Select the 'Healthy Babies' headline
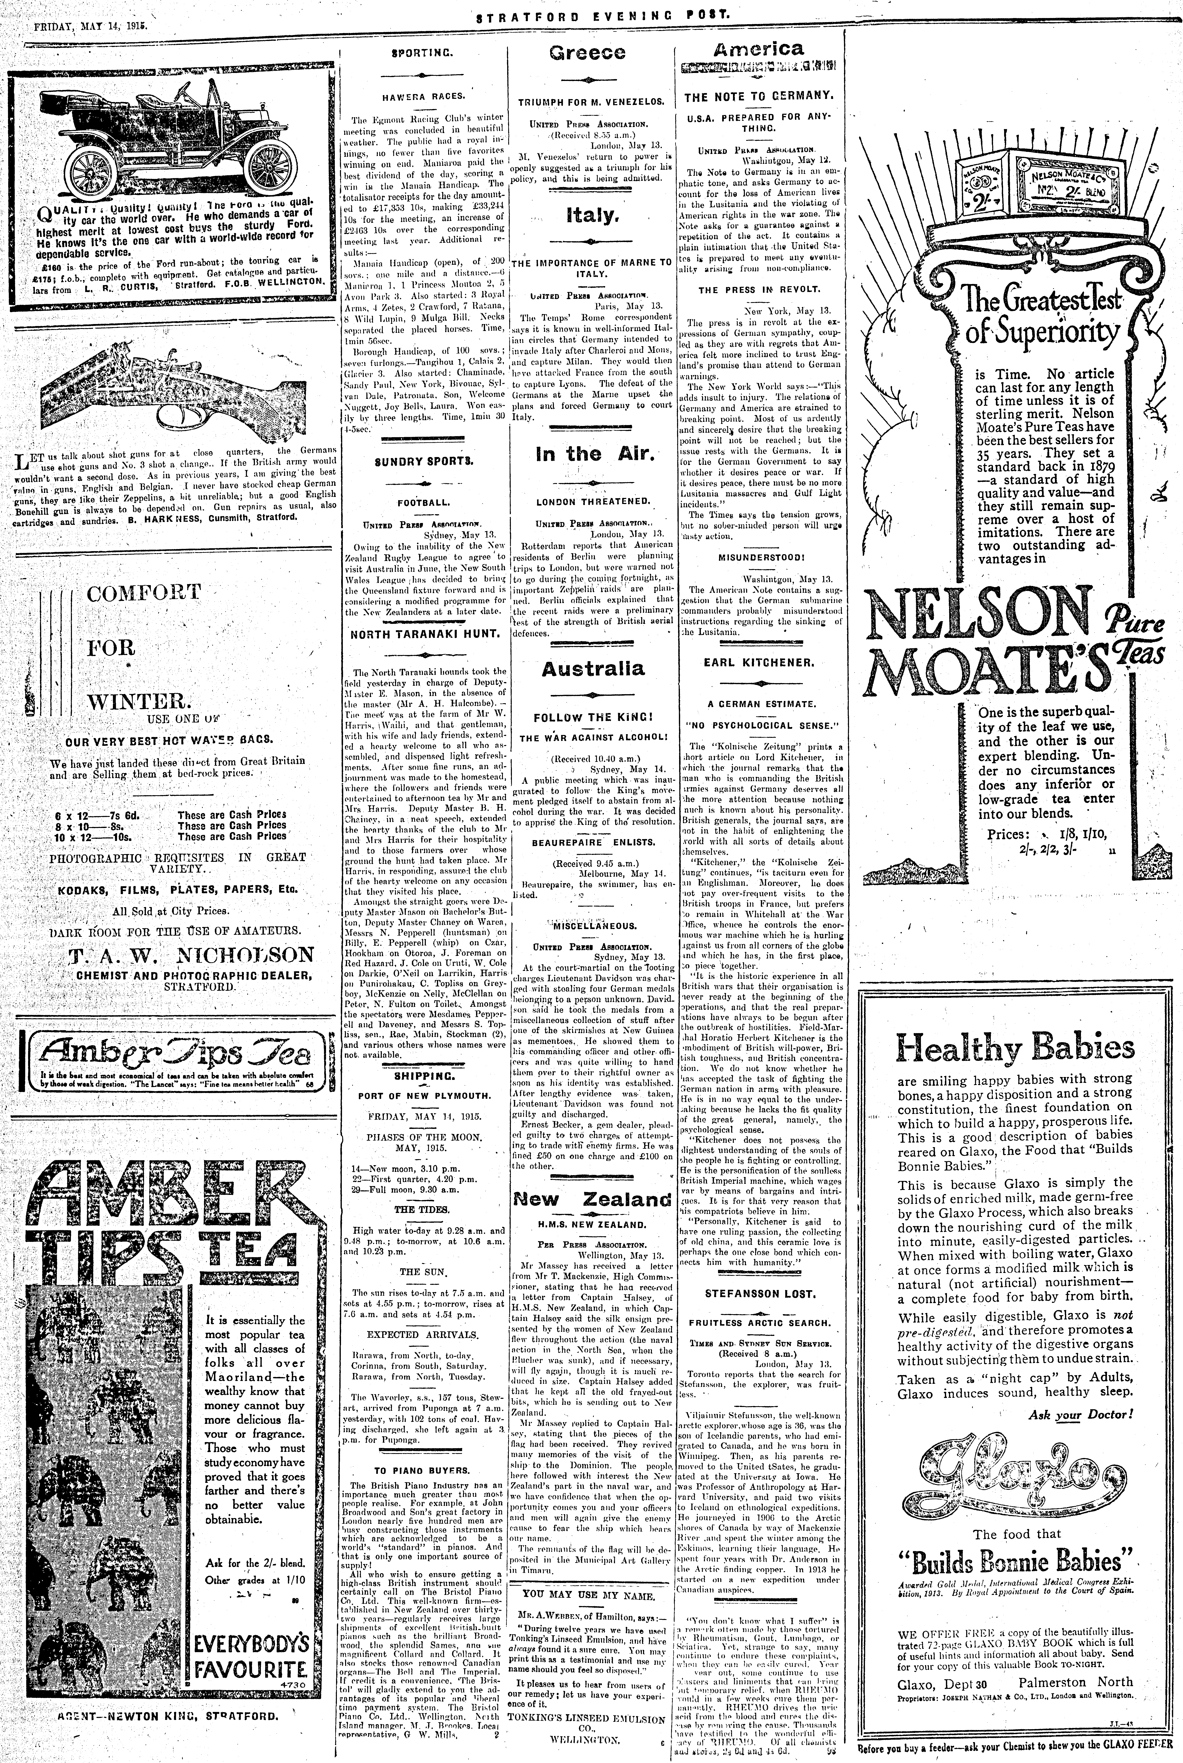point(1015,1049)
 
